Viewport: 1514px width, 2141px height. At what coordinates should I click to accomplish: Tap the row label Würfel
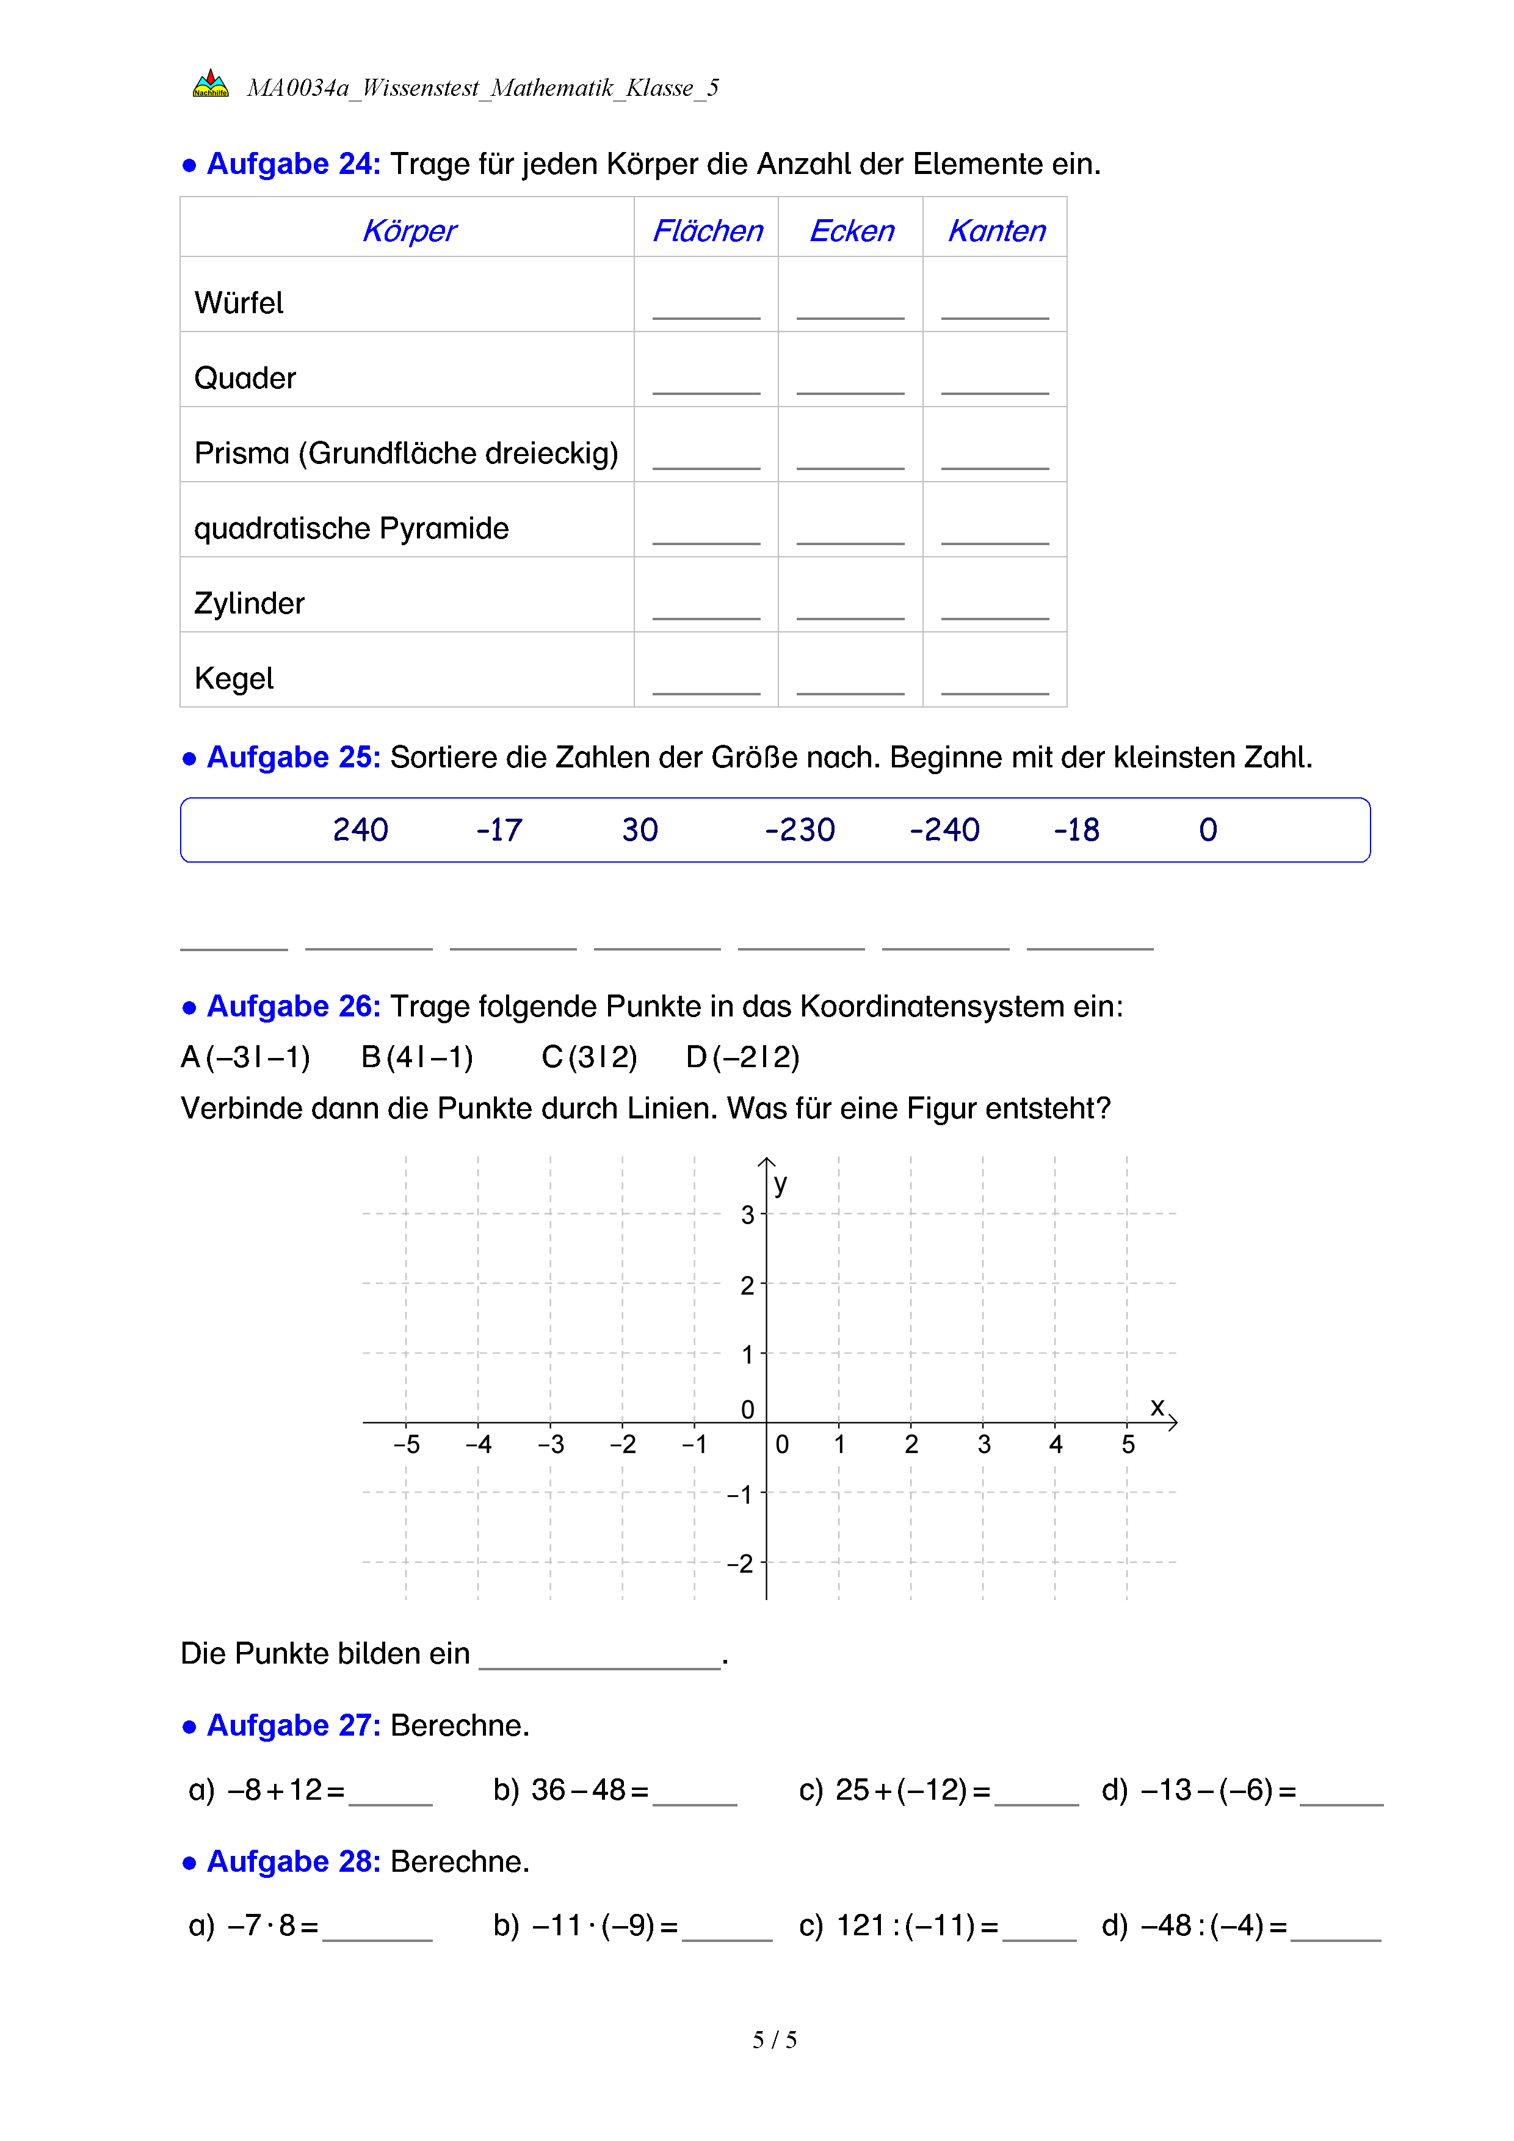point(239,303)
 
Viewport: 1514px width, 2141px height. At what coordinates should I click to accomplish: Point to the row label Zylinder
point(249,603)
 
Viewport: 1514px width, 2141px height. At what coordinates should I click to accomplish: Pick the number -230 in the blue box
point(799,830)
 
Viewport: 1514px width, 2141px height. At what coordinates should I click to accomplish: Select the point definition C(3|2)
point(589,1057)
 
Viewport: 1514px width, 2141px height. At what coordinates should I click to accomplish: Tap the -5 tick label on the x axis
point(407,1444)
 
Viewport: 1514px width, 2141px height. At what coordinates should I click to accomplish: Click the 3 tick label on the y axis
point(747,1215)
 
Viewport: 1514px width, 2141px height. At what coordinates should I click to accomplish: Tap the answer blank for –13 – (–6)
point(1341,1795)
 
